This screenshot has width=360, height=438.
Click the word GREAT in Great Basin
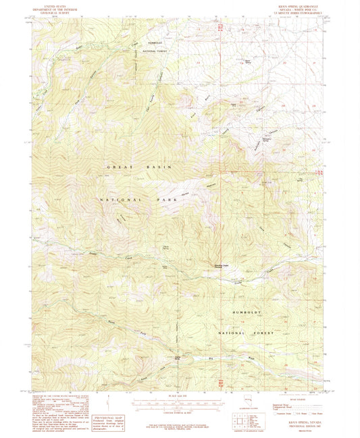[x=119, y=166]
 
